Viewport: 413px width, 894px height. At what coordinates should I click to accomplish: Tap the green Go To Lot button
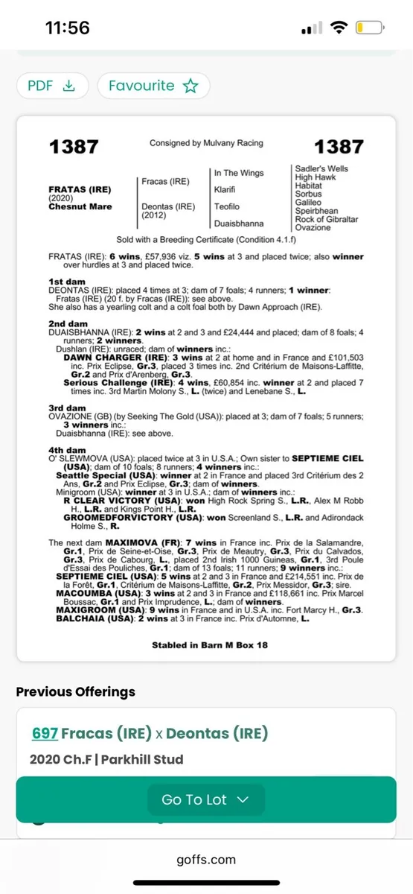pyautogui.click(x=205, y=799)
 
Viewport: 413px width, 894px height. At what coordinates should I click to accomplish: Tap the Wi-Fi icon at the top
pyautogui.click(x=339, y=28)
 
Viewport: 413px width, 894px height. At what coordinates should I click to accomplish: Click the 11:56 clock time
pyautogui.click(x=67, y=28)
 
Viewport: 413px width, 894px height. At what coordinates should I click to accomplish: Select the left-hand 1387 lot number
pyautogui.click(x=74, y=147)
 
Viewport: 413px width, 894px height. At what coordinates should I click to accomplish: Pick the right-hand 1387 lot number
pyautogui.click(x=338, y=147)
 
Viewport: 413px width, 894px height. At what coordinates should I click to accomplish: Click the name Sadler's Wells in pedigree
pyautogui.click(x=321, y=169)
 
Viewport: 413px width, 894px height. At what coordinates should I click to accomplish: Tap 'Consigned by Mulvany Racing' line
pyautogui.click(x=206, y=143)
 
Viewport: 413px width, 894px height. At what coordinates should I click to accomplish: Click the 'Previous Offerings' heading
pyautogui.click(x=76, y=691)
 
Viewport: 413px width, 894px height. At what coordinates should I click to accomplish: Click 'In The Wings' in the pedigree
pyautogui.click(x=239, y=174)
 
